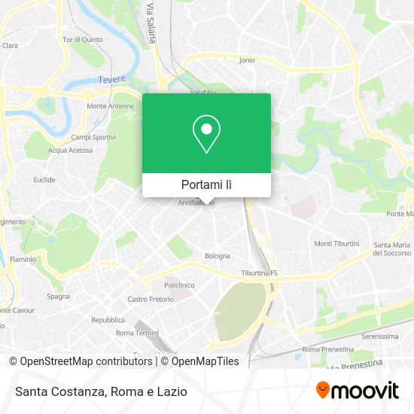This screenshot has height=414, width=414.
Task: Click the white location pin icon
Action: (206, 135)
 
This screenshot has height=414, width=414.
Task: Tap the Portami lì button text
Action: (206, 184)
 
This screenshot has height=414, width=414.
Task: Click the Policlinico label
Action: (180, 285)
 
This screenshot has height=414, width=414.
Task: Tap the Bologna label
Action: (218, 256)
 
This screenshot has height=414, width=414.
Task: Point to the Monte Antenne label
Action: (110, 106)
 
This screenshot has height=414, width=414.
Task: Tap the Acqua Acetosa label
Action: (70, 150)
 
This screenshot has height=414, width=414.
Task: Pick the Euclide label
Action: (44, 180)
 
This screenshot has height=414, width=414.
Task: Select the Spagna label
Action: (58, 296)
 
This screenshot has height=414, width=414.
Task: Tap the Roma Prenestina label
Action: (321, 349)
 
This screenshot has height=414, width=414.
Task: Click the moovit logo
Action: (357, 390)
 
